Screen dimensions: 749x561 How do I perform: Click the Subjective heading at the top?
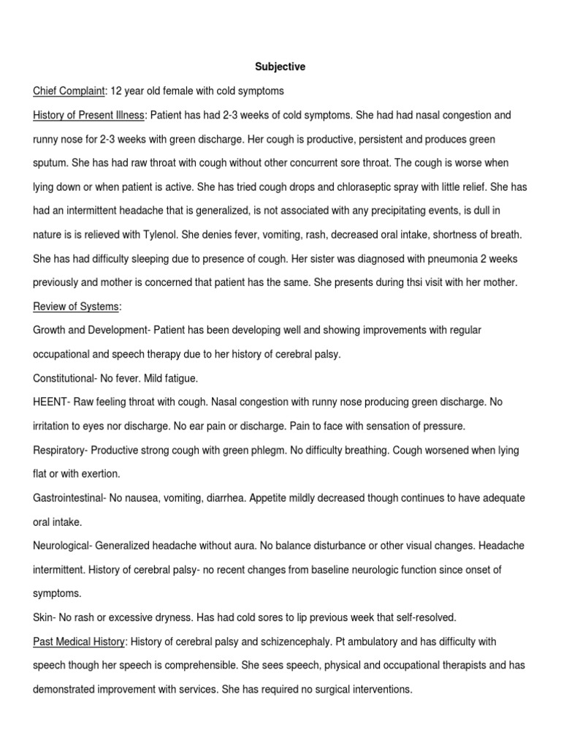tap(280, 67)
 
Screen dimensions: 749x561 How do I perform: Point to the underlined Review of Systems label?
tap(76, 306)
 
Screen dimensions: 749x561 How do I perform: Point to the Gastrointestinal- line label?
tap(70, 498)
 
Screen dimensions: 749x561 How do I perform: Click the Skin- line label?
tap(45, 617)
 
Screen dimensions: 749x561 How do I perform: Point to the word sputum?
tap(52, 162)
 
